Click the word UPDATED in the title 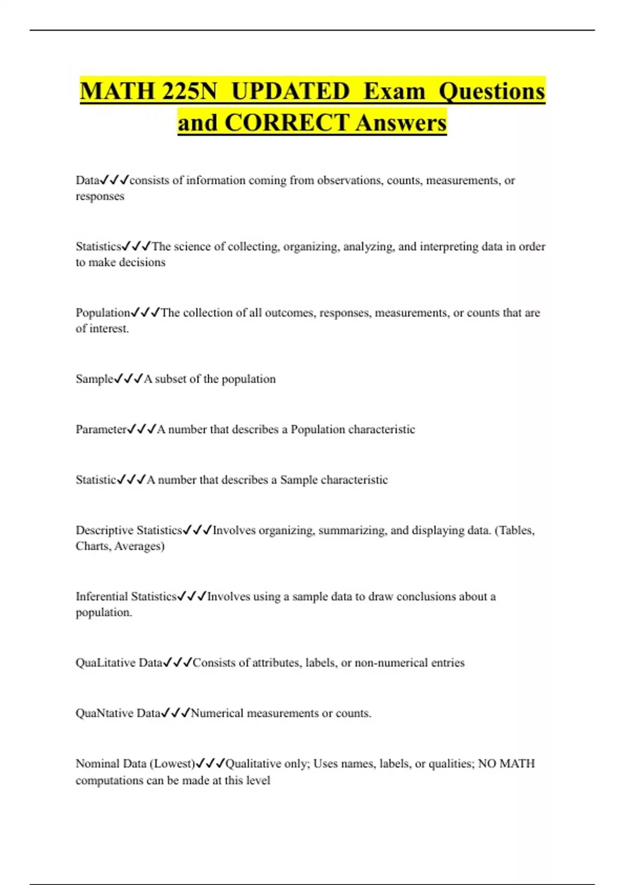290,91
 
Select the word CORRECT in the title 287,123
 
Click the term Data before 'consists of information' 87,180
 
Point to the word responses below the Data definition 100,196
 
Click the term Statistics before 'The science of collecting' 98,246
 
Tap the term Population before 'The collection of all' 103,312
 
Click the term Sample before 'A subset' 94,379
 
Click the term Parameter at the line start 101,429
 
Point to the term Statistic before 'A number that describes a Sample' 96,479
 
